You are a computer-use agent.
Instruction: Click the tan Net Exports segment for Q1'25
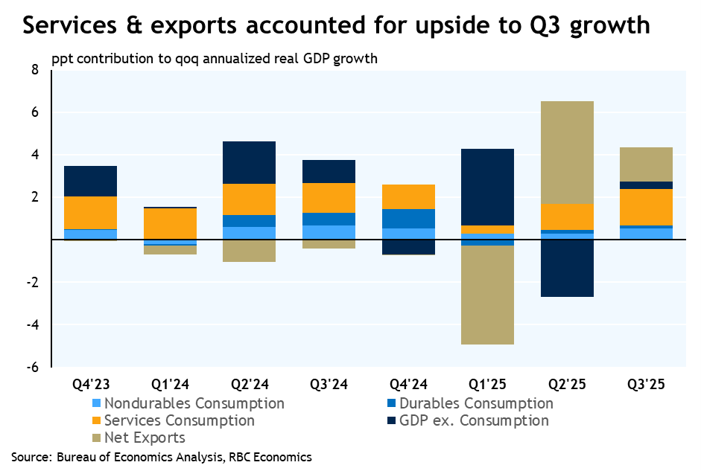488,295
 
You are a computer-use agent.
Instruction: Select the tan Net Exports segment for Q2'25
568,153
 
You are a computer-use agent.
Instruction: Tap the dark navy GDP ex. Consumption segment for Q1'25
488,187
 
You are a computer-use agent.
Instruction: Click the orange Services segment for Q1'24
171,223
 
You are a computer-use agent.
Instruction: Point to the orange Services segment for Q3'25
647,207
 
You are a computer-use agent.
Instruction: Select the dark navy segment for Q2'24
250,162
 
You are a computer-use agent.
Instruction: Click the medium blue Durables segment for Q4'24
408,219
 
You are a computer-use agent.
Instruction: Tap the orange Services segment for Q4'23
90,212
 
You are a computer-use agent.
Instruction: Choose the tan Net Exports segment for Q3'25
647,164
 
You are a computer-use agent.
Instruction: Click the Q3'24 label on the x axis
329,385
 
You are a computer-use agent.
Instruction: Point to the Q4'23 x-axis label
91,385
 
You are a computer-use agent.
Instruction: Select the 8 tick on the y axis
34,70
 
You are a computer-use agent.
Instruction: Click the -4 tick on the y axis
31,325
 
